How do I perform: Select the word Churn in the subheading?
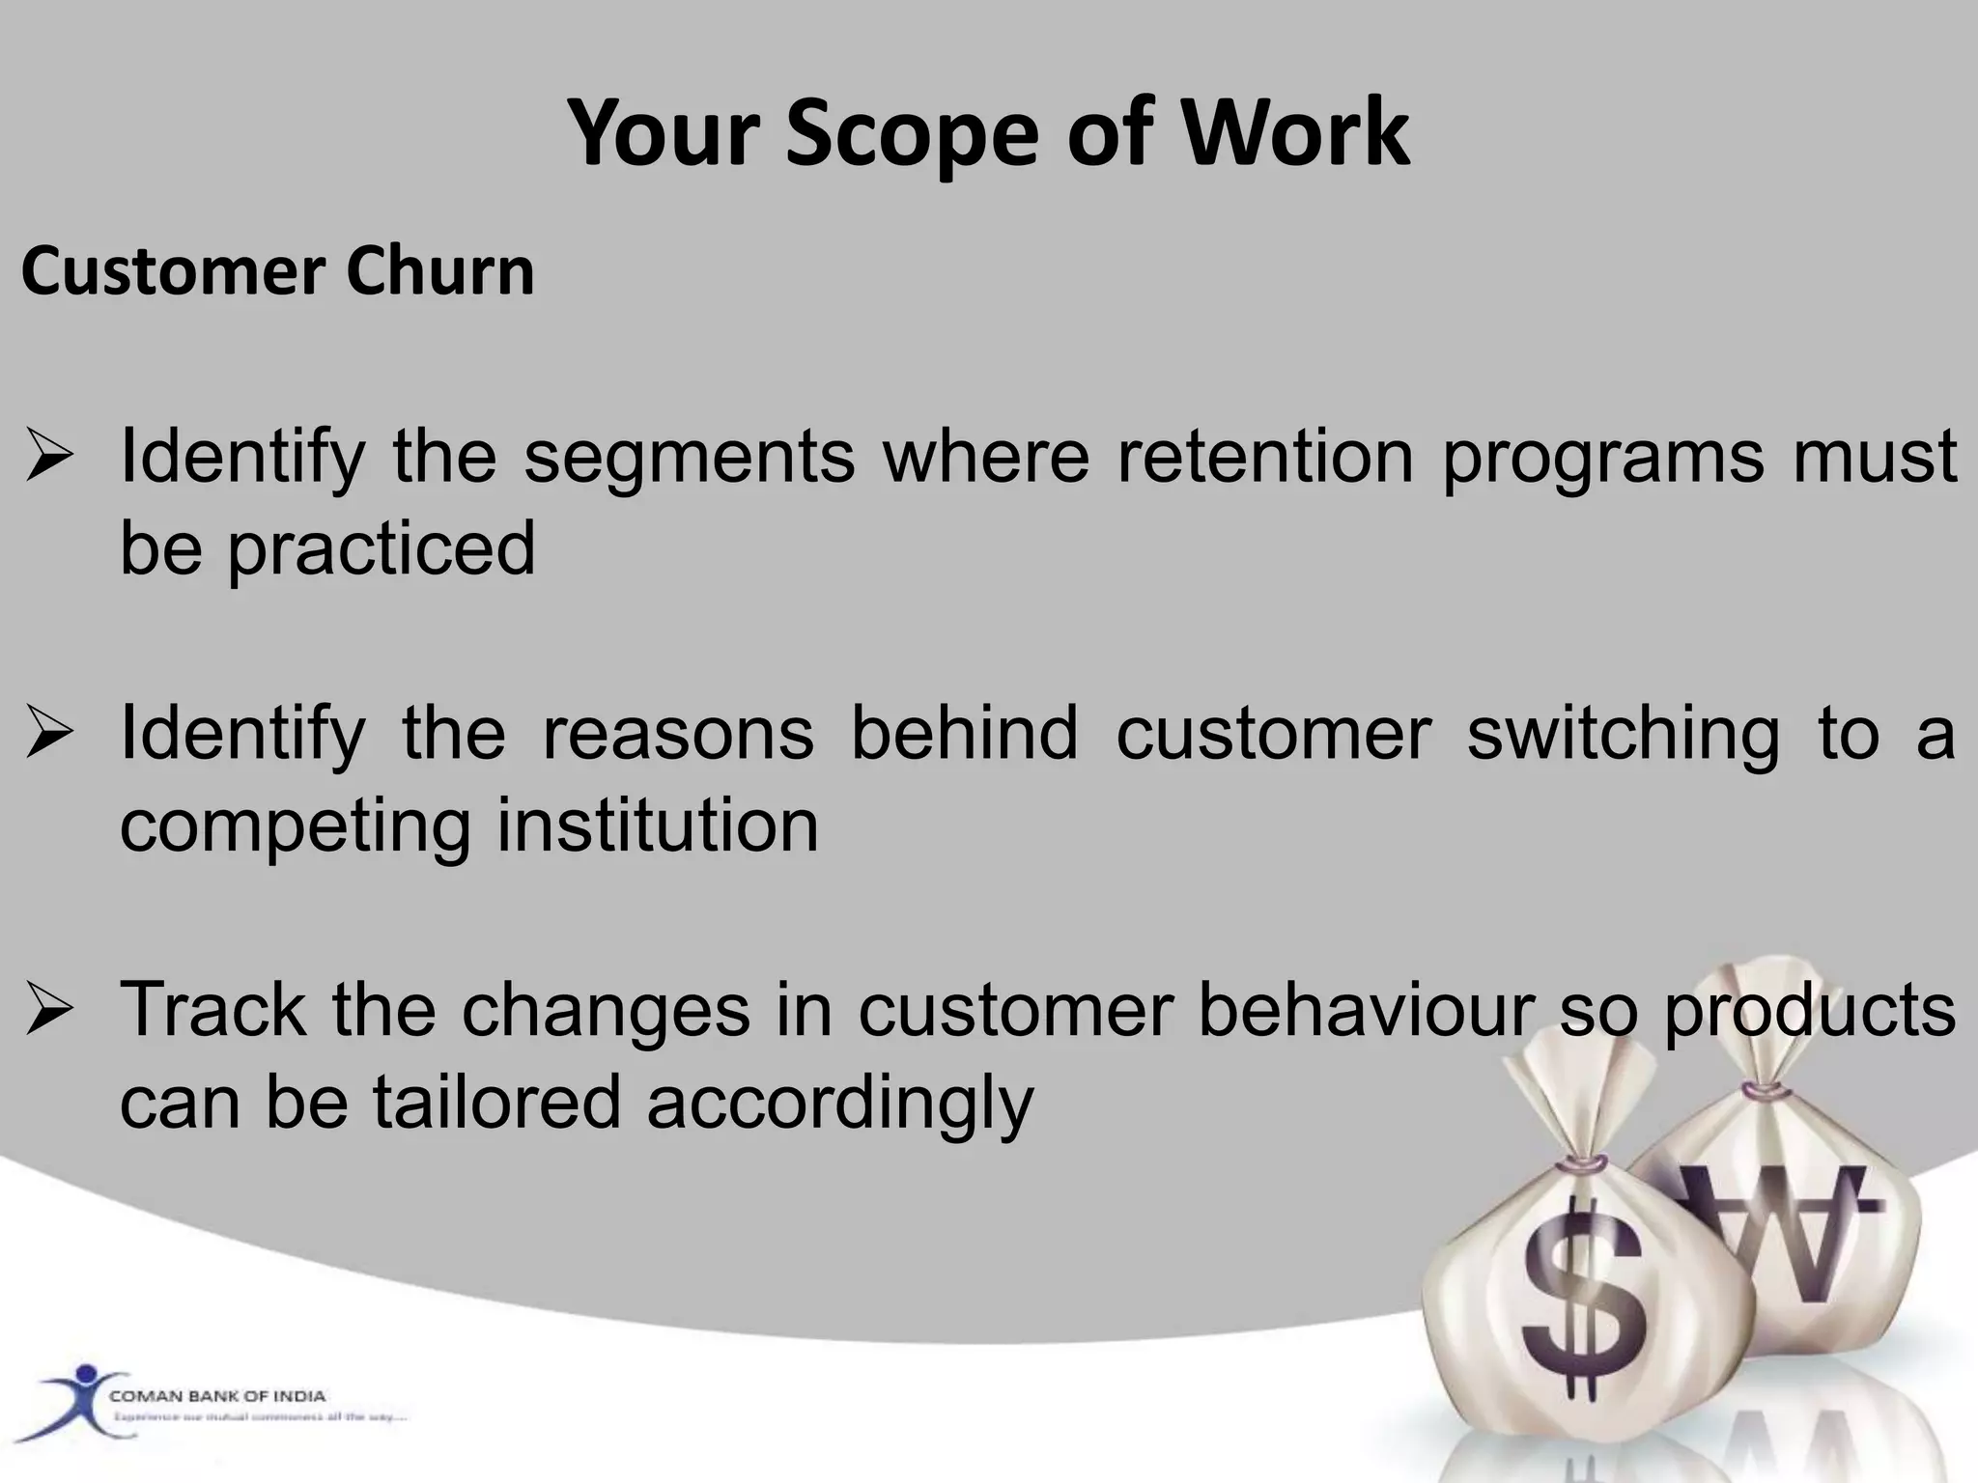point(440,271)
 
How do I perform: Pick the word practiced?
point(381,548)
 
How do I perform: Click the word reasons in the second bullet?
point(678,733)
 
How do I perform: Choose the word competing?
point(296,828)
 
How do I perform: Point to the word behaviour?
point(1367,1010)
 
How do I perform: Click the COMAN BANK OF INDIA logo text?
point(218,1396)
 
